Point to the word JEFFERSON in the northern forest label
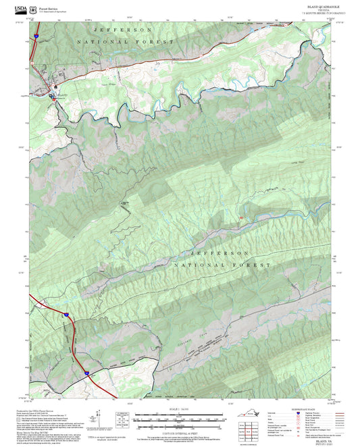click(x=123, y=30)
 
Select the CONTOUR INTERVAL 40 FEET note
click(x=179, y=433)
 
